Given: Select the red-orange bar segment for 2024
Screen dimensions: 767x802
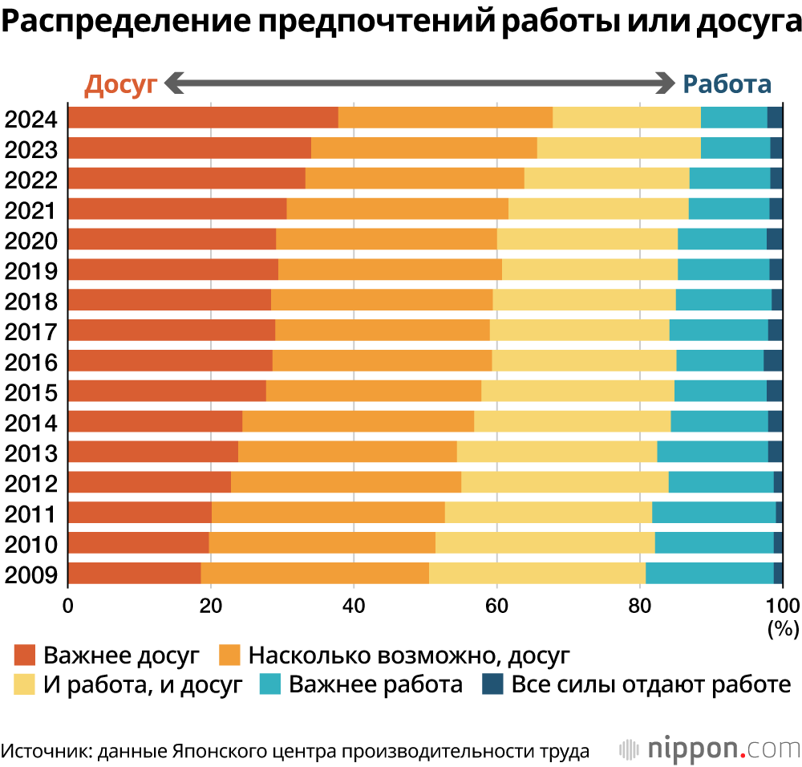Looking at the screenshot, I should click(x=203, y=117).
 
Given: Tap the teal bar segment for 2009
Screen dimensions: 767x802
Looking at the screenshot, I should click(x=710, y=573).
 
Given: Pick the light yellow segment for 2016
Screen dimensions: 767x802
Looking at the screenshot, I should click(x=584, y=360).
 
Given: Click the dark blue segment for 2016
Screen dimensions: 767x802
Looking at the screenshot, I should click(x=772, y=360).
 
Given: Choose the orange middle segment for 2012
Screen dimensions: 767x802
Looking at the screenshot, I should click(x=346, y=481).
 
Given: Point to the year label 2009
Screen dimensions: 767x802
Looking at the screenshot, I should click(x=31, y=574).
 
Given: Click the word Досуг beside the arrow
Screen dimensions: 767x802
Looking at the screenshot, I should click(x=120, y=84).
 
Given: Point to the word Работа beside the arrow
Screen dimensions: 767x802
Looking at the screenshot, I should click(x=727, y=84).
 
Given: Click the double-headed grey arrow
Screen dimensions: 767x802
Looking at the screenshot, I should click(x=420, y=83).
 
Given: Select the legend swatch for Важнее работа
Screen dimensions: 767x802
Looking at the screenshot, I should click(x=270, y=684).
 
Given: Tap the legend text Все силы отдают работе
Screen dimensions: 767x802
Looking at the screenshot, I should click(x=651, y=684).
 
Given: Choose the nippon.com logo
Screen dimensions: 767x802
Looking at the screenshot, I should click(x=709, y=748).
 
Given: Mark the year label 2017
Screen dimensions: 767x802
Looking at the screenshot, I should click(x=31, y=331).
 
